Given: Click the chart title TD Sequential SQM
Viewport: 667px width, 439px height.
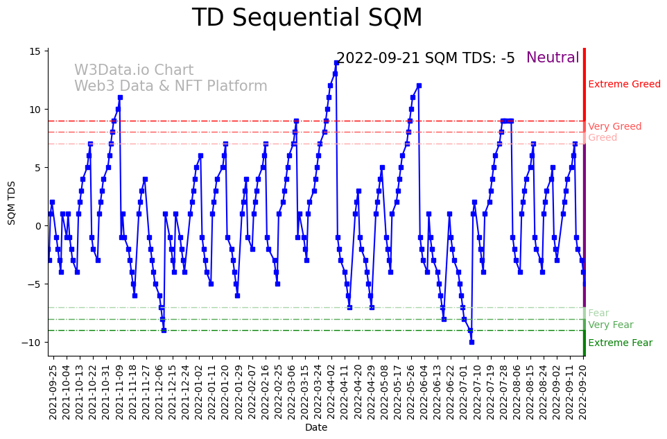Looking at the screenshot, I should [x=306, y=18].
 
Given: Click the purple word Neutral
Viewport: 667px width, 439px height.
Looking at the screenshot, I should [x=553, y=58].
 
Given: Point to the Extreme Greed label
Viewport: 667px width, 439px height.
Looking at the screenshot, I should [x=624, y=85].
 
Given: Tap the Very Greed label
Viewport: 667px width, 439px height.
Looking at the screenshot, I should [x=614, y=126].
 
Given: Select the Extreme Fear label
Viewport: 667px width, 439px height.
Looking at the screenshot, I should [x=620, y=343].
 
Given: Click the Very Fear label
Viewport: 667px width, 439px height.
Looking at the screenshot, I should [x=610, y=325].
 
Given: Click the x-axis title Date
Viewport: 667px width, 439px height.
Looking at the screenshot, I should [x=315, y=428].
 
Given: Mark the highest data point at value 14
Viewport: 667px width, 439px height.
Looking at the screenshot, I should [x=336, y=62].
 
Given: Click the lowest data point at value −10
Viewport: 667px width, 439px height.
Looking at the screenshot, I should [x=471, y=342].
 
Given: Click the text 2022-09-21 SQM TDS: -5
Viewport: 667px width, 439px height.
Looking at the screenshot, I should [x=425, y=58].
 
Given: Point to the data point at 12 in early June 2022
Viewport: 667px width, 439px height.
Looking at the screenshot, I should [x=419, y=86].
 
